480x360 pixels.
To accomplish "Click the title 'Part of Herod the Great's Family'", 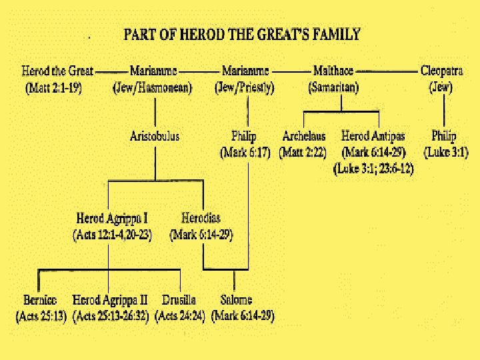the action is click(x=241, y=35).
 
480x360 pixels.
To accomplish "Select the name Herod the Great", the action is click(x=57, y=70).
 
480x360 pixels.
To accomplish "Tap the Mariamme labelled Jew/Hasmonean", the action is click(x=153, y=70).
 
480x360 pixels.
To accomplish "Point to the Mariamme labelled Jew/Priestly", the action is click(x=245, y=70).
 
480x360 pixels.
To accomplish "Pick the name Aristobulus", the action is click(x=154, y=137).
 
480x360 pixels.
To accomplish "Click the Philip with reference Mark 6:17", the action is click(x=244, y=137).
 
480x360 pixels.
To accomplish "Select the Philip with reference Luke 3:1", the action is click(x=444, y=137).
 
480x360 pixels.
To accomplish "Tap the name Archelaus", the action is click(x=303, y=137).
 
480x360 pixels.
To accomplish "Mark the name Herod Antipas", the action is click(x=373, y=137).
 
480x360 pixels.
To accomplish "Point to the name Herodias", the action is click(x=201, y=219).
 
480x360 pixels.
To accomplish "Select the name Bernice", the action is click(x=40, y=301).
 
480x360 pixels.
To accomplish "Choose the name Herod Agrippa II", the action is click(x=110, y=301).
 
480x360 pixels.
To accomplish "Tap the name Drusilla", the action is click(x=179, y=301).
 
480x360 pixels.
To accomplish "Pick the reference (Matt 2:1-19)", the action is click(x=54, y=87).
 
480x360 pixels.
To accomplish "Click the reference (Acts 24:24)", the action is click(x=180, y=316).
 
